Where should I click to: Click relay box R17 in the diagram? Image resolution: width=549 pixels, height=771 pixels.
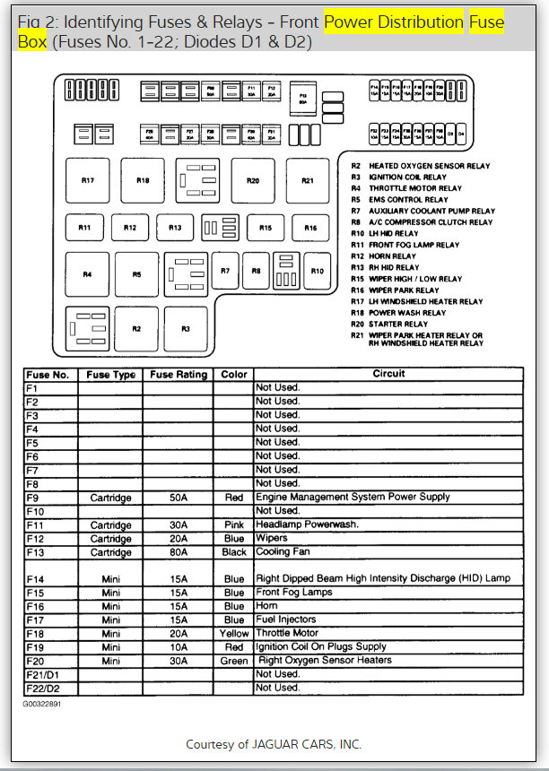coord(88,181)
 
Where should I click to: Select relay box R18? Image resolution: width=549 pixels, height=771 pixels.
coord(143,181)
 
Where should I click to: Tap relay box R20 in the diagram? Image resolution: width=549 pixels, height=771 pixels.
coord(253,181)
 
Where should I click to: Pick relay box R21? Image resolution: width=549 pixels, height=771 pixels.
coord(308,181)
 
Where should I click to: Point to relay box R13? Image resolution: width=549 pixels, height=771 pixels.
coord(175,228)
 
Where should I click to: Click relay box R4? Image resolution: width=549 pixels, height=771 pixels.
coord(88,274)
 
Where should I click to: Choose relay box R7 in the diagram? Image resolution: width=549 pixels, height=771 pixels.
coord(225,271)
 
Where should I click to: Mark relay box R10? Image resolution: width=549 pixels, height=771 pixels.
coord(317,271)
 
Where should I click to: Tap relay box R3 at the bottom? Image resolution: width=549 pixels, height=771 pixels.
coord(186,329)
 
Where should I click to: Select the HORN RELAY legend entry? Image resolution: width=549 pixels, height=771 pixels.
coord(390,256)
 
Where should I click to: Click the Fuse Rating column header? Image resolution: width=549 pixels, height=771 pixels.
coord(179,375)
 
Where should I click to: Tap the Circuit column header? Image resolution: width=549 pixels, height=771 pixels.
coord(388,374)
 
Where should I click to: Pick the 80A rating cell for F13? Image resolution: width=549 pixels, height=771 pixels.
coord(179,553)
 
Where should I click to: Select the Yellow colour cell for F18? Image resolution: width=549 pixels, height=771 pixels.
coord(234,633)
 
